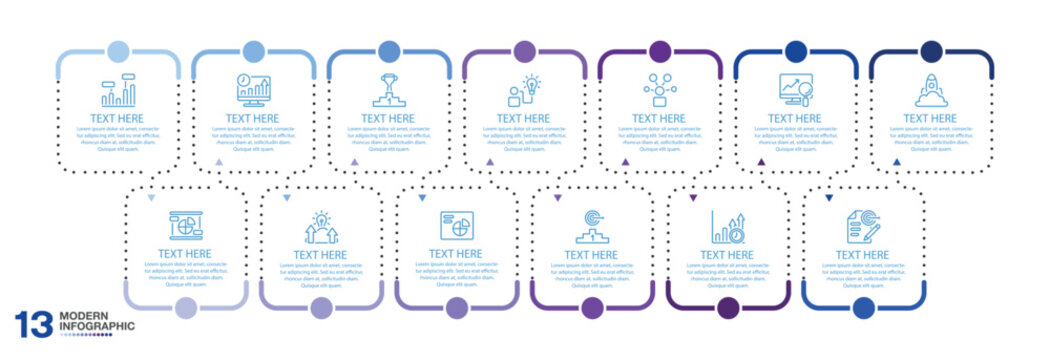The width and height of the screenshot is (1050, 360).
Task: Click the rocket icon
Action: tap(931, 91)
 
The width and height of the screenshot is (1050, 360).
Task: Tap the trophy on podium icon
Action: tap(388, 91)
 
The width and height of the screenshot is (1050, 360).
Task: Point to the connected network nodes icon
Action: tap(660, 91)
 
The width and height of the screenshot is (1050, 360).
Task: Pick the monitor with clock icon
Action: tap(252, 91)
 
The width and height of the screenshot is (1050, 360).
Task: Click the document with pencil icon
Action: tap(863, 226)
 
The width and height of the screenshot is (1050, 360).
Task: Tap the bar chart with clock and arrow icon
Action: tap(728, 226)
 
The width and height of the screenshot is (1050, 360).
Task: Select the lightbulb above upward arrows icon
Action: tap(320, 226)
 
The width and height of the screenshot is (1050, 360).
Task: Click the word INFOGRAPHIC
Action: tap(96, 327)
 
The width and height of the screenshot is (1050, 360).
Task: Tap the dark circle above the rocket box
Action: tap(931, 52)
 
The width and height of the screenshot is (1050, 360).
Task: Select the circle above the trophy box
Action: tap(388, 52)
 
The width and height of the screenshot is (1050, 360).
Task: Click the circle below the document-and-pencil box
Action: tap(863, 307)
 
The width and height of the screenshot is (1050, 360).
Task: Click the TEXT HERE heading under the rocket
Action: tap(931, 118)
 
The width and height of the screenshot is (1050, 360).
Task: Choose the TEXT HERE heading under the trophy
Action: tap(388, 118)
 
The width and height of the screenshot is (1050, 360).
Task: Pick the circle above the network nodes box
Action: tap(660, 52)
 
